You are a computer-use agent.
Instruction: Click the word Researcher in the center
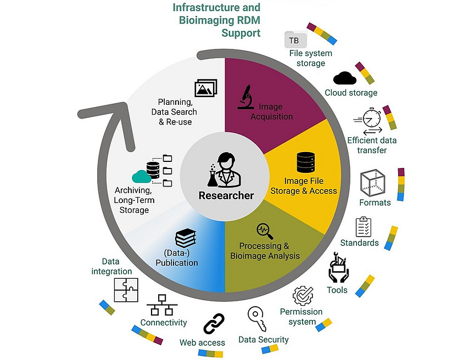tap(226, 195)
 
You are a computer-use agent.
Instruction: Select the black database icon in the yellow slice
tap(305, 162)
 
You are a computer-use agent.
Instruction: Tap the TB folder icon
tap(295, 40)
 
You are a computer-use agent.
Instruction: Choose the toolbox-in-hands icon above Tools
tap(338, 268)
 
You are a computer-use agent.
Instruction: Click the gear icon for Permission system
tap(302, 296)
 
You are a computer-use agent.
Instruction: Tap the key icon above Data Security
tap(257, 317)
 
